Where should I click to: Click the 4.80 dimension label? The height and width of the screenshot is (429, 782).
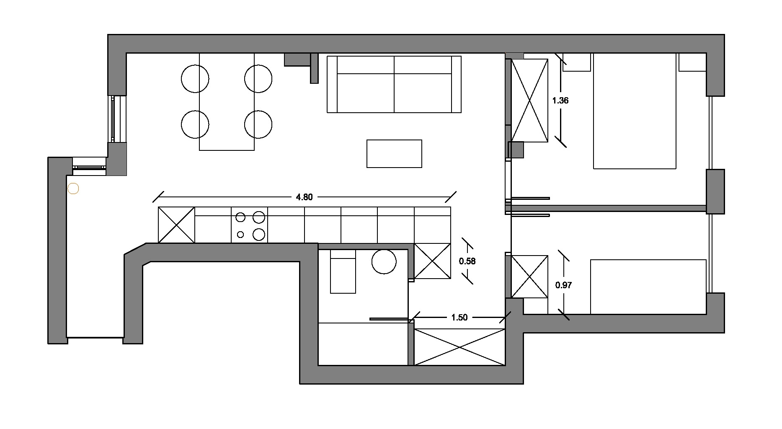[304, 197]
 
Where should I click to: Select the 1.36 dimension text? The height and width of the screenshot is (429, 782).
[560, 101]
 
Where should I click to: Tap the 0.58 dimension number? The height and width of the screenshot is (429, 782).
[467, 261]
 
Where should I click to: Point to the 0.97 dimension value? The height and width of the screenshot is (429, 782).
[563, 285]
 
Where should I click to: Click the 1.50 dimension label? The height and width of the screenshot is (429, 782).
[459, 318]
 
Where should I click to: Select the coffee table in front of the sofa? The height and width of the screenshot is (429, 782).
[394, 154]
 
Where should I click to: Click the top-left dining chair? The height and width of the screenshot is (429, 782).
[195, 79]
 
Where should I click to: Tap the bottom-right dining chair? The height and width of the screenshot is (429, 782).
[258, 124]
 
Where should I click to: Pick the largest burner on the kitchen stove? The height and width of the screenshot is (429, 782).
[259, 217]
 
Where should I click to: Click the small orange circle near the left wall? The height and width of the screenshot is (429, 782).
[73, 189]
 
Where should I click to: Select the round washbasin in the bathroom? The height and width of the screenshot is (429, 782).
[384, 262]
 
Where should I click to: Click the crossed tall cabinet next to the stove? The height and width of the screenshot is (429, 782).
[176, 225]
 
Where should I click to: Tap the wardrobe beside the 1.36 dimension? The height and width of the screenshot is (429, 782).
[529, 101]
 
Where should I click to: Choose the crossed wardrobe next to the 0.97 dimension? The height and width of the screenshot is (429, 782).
[529, 277]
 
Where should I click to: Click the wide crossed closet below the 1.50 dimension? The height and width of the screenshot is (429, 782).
[459, 347]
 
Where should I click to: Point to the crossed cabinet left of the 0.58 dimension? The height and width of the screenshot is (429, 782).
[432, 261]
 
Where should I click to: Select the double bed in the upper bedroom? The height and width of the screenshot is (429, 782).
[635, 111]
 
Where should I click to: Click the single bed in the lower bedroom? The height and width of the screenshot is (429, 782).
[648, 287]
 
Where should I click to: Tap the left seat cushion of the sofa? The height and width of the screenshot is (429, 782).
[366, 93]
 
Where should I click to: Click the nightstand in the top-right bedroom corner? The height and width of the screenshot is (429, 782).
[692, 62]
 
